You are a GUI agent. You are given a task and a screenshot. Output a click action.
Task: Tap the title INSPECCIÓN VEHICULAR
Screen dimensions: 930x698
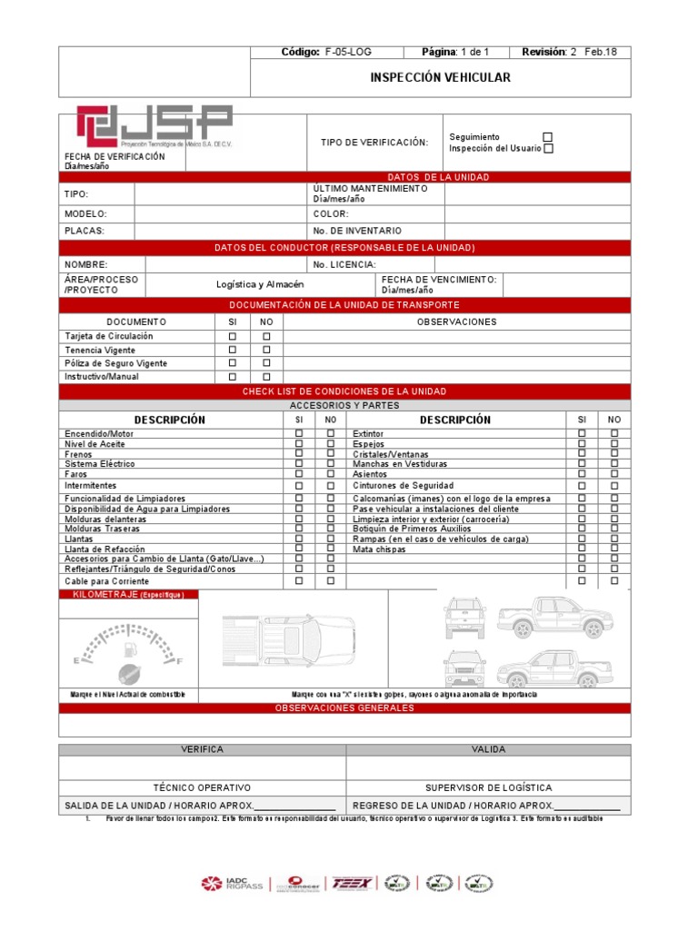pos(440,77)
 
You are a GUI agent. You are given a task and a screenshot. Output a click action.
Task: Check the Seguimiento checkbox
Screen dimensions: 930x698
pos(547,137)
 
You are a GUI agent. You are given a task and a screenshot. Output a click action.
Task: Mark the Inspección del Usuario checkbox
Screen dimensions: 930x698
pos(547,149)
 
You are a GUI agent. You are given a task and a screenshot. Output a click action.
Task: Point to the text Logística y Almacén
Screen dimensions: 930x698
pos(260,284)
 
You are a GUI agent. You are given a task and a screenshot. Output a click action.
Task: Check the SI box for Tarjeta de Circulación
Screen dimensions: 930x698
pos(232,336)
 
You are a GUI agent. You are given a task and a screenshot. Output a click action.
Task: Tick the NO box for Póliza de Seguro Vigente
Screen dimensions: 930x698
pos(266,363)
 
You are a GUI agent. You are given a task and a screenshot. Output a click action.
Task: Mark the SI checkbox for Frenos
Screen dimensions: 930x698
pos(299,454)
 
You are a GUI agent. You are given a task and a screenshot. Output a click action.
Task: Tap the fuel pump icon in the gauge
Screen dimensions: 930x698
pos(131,648)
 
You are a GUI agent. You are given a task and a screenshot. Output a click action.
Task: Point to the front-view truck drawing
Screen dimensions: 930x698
pos(464,618)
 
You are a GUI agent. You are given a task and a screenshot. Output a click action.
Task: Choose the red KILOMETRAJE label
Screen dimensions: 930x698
pos(127,595)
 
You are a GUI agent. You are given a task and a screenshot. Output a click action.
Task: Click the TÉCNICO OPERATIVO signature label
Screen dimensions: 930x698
pos(202,787)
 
